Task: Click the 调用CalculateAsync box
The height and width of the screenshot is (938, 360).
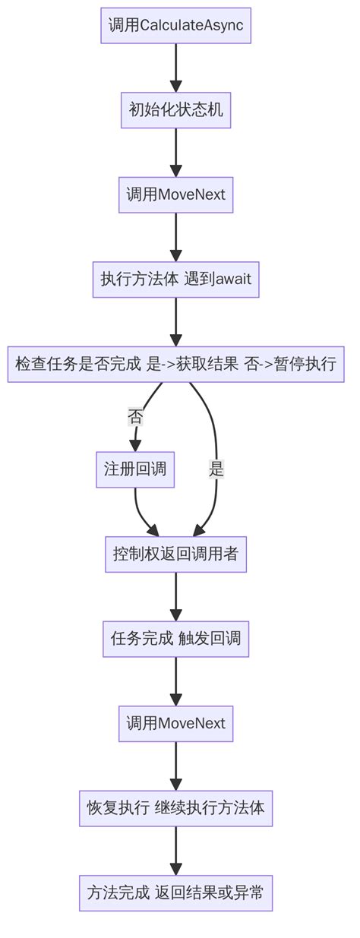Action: [x=175, y=26]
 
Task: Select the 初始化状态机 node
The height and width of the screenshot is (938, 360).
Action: [x=175, y=110]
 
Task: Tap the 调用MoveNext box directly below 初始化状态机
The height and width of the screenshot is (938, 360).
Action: [x=175, y=195]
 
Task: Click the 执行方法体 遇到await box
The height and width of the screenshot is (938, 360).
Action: [x=175, y=280]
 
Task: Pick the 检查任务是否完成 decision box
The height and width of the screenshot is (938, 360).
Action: [x=175, y=364]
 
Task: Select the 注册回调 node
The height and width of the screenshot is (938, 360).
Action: [x=135, y=470]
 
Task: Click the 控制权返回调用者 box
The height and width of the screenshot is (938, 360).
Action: [x=175, y=554]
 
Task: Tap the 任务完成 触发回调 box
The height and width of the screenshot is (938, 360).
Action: [x=175, y=639]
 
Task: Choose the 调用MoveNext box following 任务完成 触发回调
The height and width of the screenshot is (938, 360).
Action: [x=175, y=723]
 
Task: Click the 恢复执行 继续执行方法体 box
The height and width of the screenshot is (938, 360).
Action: [x=175, y=808]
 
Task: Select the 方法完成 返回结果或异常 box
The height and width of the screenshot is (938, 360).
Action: [x=175, y=892]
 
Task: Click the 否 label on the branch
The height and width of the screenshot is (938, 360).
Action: [x=136, y=416]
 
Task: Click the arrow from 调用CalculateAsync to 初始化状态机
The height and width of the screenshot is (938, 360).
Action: [x=175, y=68]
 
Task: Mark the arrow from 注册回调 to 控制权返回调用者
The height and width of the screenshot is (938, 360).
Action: [x=141, y=513]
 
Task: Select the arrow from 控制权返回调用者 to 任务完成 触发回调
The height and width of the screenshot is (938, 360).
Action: [x=175, y=596]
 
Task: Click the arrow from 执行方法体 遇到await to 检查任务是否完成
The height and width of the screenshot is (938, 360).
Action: [x=175, y=322]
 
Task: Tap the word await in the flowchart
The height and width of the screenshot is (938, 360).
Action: [x=233, y=280]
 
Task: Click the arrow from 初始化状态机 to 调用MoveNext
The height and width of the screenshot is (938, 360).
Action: [x=175, y=152]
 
